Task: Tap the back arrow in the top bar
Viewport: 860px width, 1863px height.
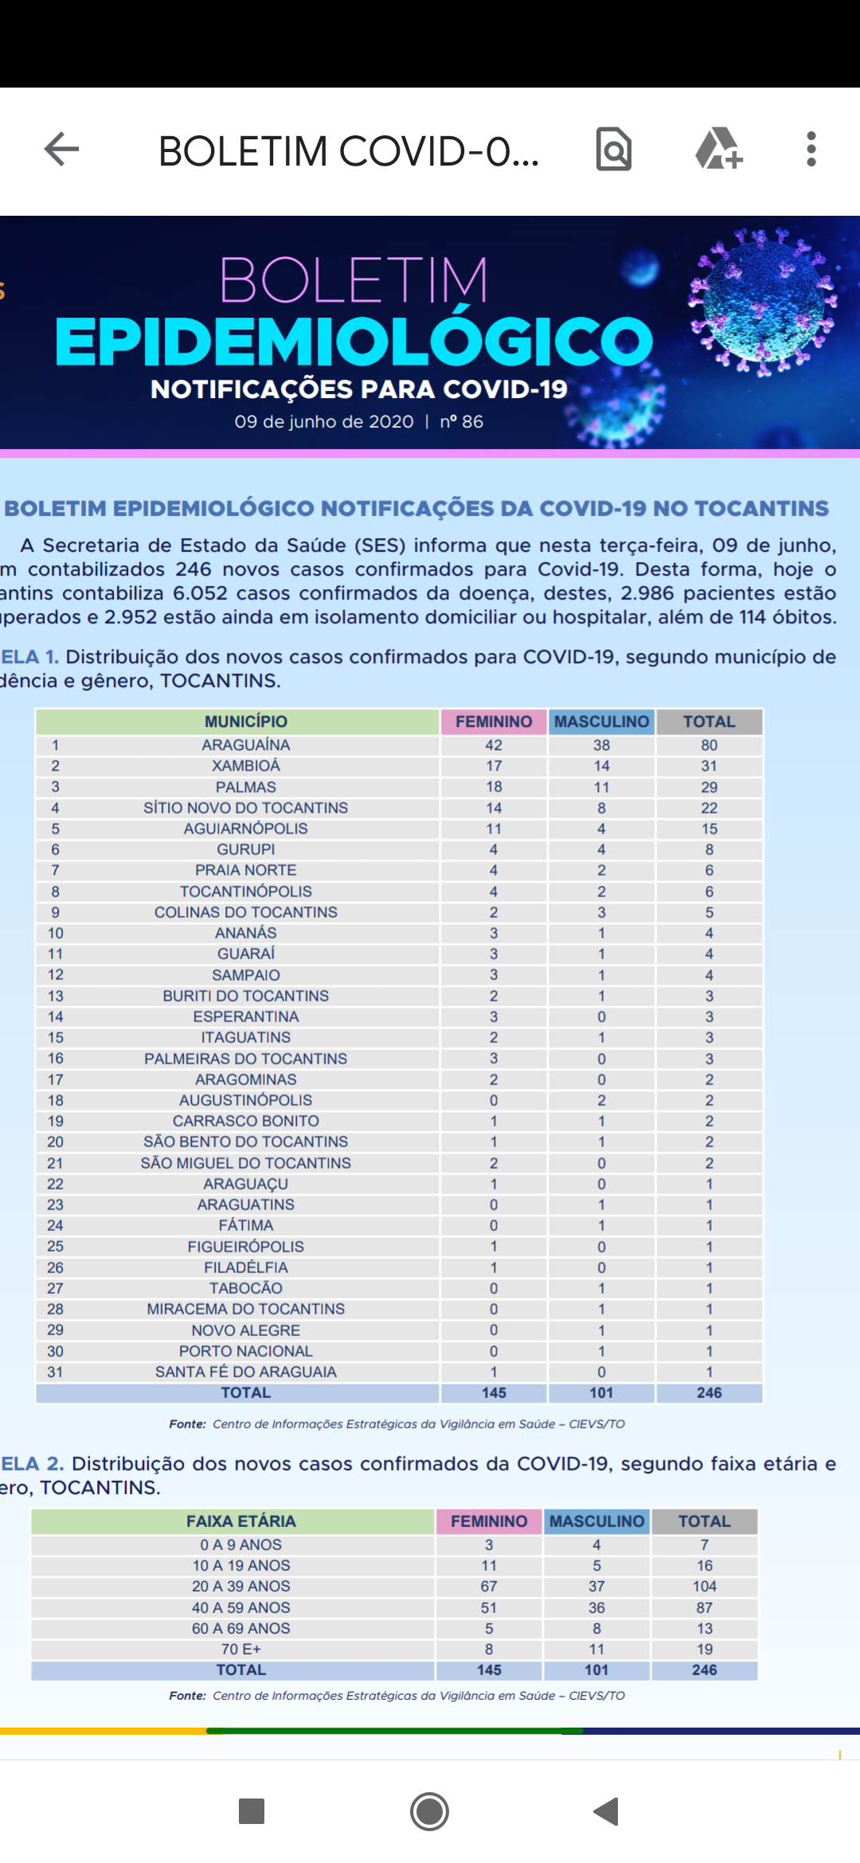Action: pyautogui.click(x=61, y=149)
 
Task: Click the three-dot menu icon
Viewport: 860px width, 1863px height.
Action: pyautogui.click(x=811, y=149)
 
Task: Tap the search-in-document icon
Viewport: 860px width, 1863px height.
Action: pyautogui.click(x=613, y=149)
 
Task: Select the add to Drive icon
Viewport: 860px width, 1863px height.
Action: pyautogui.click(x=718, y=149)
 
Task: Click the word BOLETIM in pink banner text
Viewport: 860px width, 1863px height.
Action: pyautogui.click(x=354, y=280)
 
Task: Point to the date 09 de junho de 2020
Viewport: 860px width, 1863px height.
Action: pyautogui.click(x=324, y=422)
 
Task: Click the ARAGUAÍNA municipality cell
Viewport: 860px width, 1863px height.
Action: pyautogui.click(x=245, y=745)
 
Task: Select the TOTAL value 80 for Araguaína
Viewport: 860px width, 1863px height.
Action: pyautogui.click(x=709, y=745)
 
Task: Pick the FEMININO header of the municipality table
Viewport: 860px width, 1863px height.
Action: pyautogui.click(x=494, y=721)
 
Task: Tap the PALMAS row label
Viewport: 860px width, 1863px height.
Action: pyautogui.click(x=245, y=787)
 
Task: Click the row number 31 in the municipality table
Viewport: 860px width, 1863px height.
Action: pyautogui.click(x=55, y=1372)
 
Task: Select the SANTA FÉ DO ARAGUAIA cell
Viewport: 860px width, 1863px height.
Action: pyautogui.click(x=245, y=1372)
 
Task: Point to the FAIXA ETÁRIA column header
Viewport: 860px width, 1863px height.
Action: pyautogui.click(x=240, y=1521)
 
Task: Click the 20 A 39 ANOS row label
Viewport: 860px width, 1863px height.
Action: pyautogui.click(x=240, y=1587)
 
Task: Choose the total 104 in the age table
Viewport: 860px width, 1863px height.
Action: pyautogui.click(x=704, y=1587)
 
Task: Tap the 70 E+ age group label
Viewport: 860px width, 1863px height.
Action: pyautogui.click(x=240, y=1649)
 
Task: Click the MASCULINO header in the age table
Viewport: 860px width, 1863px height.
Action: pyautogui.click(x=596, y=1521)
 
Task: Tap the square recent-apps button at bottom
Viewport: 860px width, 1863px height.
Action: pyautogui.click(x=252, y=1811)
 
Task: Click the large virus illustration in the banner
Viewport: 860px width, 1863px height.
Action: pyautogui.click(x=762, y=301)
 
